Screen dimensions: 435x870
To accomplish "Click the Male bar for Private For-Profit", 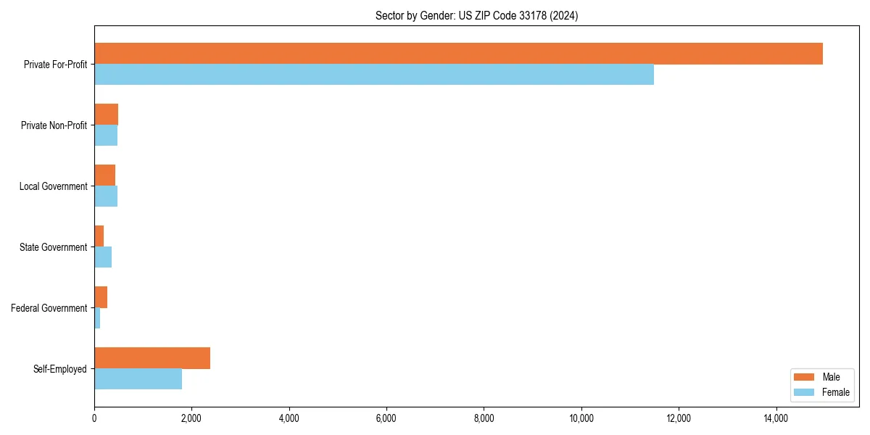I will tap(458, 54).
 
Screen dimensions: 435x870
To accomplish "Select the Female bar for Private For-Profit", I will tap(374, 75).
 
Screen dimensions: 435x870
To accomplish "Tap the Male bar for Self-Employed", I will tap(152, 358).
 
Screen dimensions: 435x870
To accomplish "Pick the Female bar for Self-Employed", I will tap(138, 379).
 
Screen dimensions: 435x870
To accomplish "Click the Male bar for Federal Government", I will tap(101, 297).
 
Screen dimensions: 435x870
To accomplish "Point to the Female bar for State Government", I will tap(103, 257).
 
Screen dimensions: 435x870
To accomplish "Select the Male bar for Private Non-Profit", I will tap(106, 115).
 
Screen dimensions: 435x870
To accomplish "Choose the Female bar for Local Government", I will tap(106, 196).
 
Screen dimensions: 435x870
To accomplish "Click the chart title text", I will tap(476, 15).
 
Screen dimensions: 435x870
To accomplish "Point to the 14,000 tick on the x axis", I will tap(776, 418).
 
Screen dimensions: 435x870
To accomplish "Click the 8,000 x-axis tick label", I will tap(484, 418).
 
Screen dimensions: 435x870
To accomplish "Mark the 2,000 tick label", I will tap(191, 418).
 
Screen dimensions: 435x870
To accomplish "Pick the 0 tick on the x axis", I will tap(94, 418).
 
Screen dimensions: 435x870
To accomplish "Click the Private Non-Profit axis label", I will tap(54, 125).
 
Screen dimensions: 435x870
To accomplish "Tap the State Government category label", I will tap(53, 247).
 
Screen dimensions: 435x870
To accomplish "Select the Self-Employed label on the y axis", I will tap(60, 369).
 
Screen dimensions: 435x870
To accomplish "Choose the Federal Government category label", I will tap(49, 308).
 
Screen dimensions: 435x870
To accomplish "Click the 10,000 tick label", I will tap(581, 418).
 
